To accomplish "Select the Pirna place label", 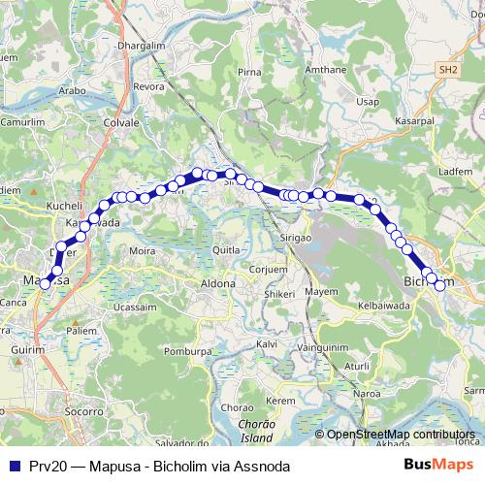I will (x=249, y=72).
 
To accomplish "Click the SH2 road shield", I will (x=446, y=71).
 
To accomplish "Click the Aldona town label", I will (x=217, y=283).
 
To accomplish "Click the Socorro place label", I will (x=83, y=412).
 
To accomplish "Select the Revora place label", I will (x=148, y=86).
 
